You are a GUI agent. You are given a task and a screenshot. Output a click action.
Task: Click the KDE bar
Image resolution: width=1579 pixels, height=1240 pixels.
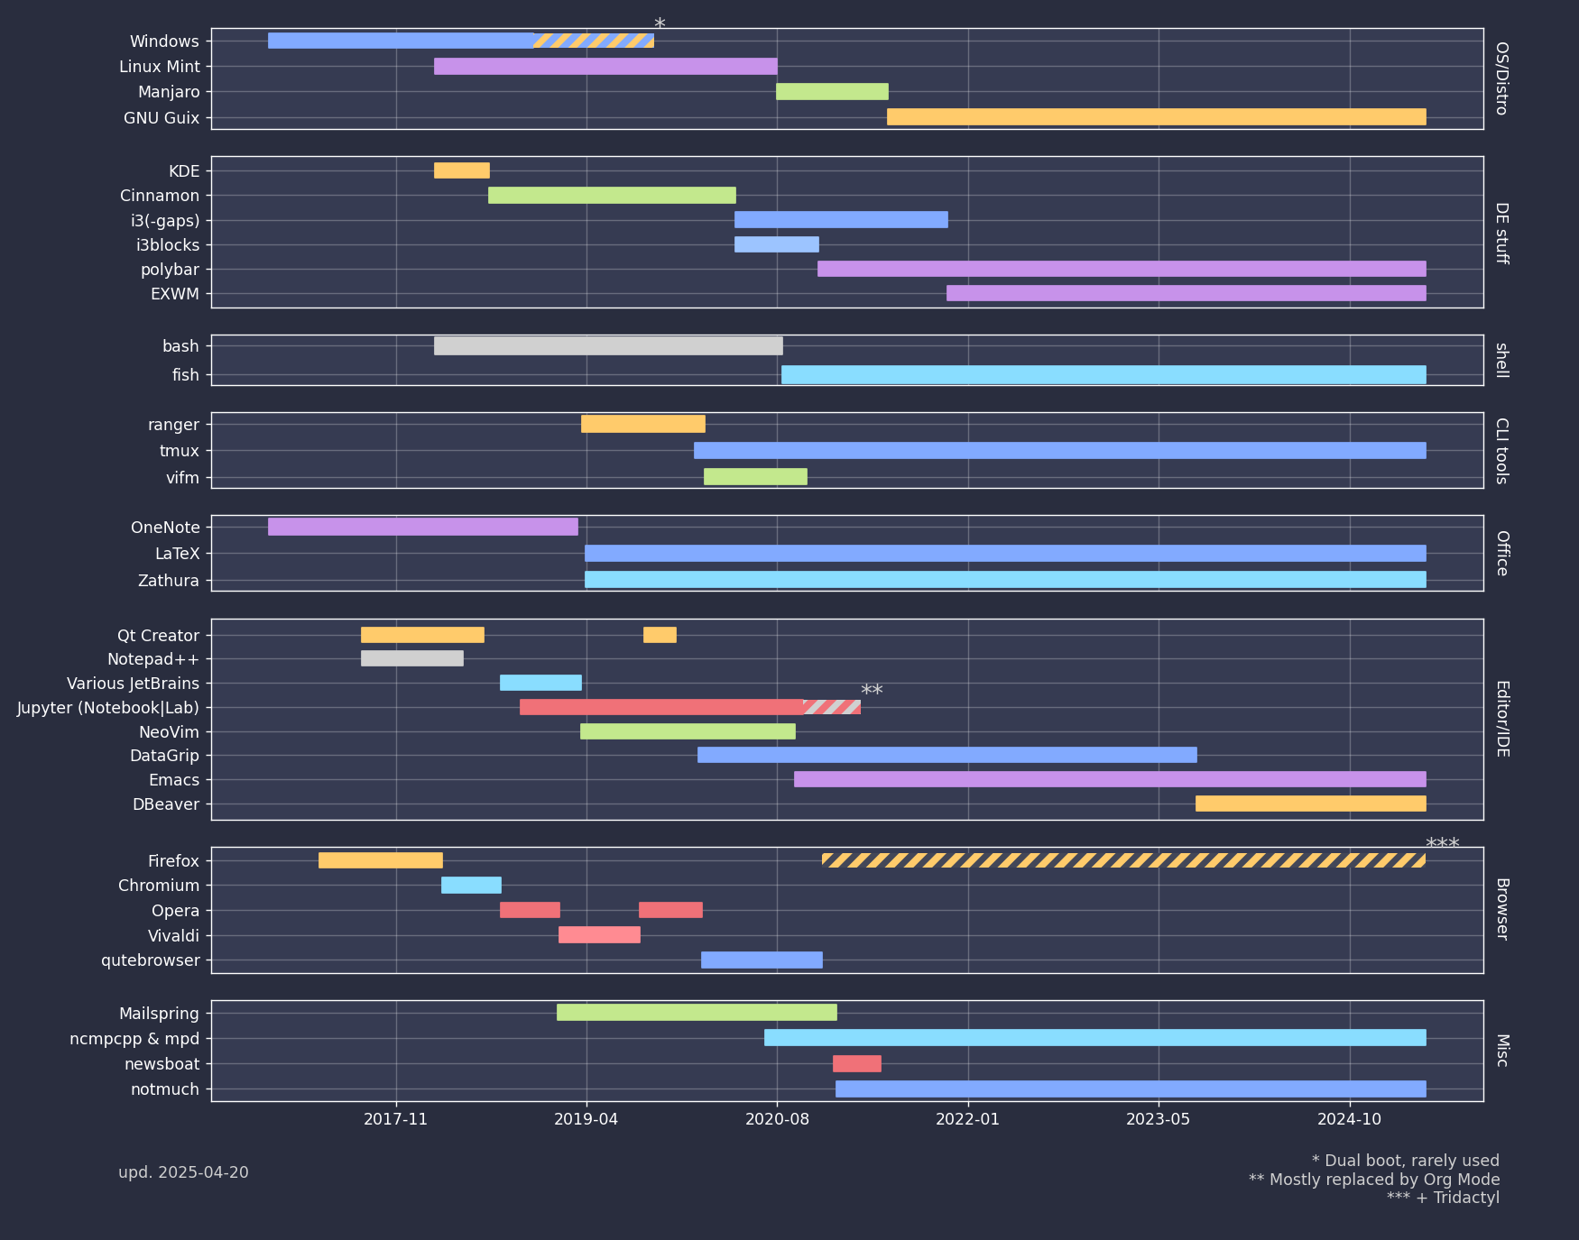tap(461, 170)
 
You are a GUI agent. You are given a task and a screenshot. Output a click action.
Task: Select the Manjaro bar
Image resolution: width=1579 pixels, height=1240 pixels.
tap(832, 91)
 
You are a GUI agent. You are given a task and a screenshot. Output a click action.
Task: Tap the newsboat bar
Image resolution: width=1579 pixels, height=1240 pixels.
tap(856, 1064)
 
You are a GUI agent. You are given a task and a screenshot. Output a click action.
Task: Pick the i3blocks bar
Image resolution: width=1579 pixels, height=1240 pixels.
tap(776, 244)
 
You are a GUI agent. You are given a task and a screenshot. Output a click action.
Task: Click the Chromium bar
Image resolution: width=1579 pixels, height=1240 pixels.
tap(471, 885)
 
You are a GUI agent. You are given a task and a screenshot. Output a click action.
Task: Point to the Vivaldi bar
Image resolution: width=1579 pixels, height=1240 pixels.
tap(599, 935)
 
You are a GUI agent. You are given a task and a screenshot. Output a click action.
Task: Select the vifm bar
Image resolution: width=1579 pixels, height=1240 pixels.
tap(755, 477)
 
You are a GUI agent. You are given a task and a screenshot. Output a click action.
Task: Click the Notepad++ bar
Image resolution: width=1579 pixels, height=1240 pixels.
tap(411, 658)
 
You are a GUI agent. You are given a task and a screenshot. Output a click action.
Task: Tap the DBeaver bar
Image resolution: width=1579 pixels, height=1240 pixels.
tap(1310, 804)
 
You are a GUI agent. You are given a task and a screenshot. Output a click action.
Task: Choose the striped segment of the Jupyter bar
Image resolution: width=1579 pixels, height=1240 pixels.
tap(832, 707)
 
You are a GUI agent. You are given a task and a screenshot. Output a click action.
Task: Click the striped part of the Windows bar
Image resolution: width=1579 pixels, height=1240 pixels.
tap(594, 41)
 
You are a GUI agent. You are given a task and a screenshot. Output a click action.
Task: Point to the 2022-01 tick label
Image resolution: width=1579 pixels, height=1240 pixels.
tap(968, 1119)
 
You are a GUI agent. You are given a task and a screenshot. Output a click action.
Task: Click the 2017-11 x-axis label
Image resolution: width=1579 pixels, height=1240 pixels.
tap(395, 1119)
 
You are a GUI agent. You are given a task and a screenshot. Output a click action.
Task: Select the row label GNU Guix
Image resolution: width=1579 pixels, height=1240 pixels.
tap(162, 118)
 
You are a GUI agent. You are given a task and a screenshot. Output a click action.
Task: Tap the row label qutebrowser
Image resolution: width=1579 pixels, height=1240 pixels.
tap(150, 960)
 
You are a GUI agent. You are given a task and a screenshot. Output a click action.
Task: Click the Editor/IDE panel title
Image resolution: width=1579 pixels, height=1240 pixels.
tap(1501, 719)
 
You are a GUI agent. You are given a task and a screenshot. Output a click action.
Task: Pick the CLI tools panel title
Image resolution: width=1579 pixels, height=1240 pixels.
tap(1501, 451)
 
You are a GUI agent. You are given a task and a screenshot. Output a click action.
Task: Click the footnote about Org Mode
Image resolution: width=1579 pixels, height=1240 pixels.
tap(1373, 1180)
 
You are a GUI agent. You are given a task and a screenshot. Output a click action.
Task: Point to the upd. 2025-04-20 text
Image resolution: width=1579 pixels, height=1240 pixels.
tap(183, 1172)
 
